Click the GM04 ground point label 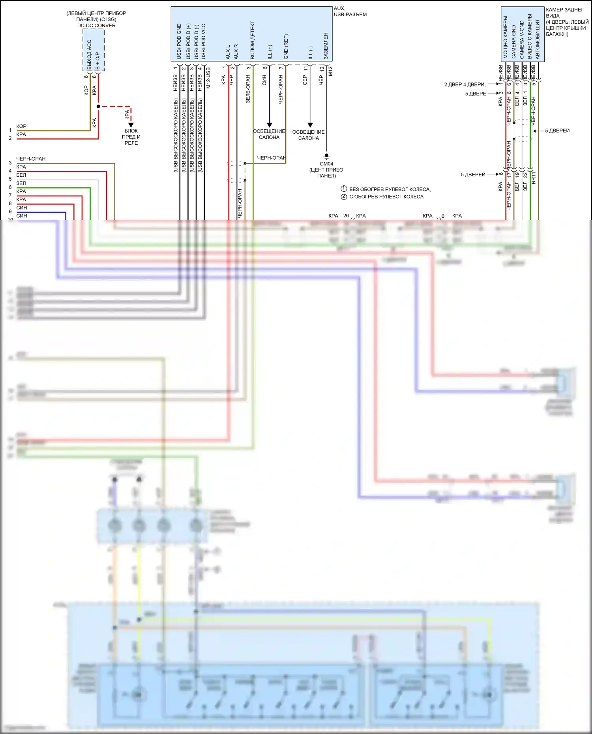(326, 164)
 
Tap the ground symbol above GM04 (326, 156)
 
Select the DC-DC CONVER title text (96, 26)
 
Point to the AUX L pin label (228, 52)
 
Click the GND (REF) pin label (286, 47)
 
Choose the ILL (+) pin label (270, 52)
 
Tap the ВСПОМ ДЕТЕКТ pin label (253, 40)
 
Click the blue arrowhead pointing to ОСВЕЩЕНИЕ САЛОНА (270, 125)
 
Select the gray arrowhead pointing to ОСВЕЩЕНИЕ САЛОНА (310, 125)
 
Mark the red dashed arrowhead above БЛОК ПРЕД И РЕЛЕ (131, 125)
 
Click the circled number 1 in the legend (344, 189)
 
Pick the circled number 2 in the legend (344, 196)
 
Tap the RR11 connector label (534, 177)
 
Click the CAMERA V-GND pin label (522, 40)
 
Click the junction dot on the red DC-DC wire (98, 106)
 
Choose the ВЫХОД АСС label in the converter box (89, 55)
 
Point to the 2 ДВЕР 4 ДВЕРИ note (465, 84)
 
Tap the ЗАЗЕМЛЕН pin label (326, 46)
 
